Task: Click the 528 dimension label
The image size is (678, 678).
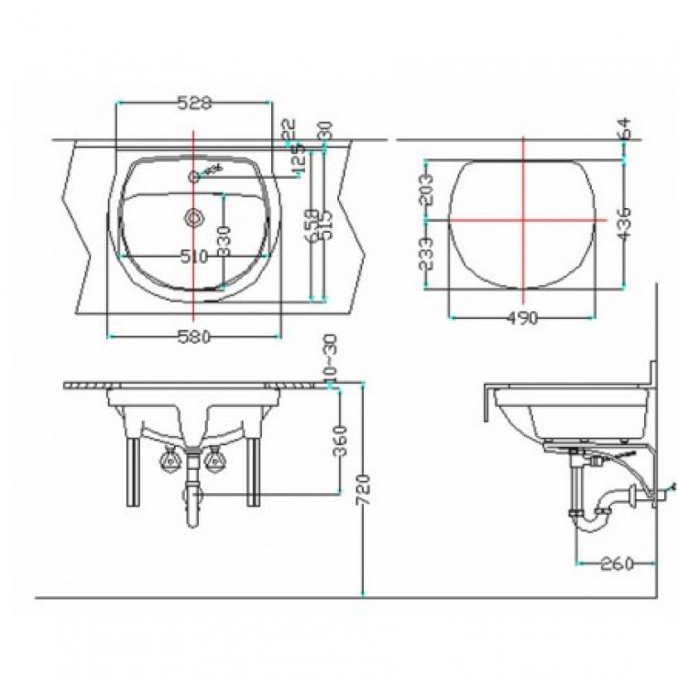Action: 193,104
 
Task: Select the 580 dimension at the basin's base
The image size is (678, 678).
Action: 193,336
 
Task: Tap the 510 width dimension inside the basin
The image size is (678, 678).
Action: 193,257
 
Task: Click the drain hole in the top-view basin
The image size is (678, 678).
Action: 194,218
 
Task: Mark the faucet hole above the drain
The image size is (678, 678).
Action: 194,176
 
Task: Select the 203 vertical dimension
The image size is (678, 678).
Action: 424,190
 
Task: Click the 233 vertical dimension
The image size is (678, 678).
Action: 424,254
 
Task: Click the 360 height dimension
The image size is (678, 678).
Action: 340,439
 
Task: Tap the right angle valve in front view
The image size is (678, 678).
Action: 216,457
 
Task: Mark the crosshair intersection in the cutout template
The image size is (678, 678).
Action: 523,220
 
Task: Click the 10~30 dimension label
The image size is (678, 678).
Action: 330,357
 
